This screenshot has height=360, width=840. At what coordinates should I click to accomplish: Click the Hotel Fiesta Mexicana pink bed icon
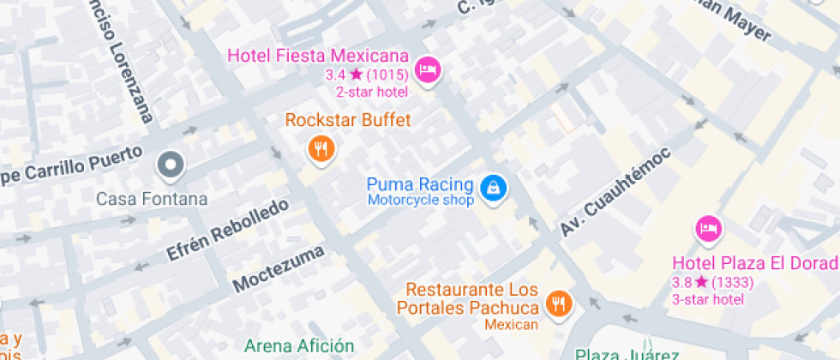point(427,69)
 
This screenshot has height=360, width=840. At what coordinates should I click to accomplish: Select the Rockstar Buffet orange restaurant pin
point(321,150)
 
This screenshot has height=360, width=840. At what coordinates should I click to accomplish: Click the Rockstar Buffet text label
point(347,120)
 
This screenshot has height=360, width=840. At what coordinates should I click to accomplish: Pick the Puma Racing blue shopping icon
point(493,187)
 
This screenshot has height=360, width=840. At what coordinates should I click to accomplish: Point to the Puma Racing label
point(420,184)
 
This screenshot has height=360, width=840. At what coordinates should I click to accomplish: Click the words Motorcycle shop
point(421,201)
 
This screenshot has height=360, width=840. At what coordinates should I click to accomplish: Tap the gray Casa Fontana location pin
point(170,165)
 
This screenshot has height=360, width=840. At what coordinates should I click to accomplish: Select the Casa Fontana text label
point(152,199)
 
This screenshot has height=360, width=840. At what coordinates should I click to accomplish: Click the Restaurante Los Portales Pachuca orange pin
point(559,303)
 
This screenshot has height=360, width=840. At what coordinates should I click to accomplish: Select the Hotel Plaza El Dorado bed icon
point(708,229)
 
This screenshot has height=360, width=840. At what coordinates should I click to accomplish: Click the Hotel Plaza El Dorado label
point(754,263)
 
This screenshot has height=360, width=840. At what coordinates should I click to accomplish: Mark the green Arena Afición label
point(298,346)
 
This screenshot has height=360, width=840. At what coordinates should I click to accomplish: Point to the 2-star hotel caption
point(371,92)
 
